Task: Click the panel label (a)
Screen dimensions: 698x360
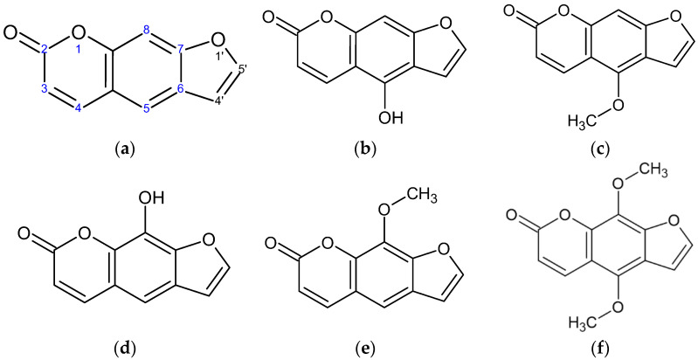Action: click(x=128, y=150)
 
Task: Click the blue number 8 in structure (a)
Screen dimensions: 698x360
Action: click(x=149, y=31)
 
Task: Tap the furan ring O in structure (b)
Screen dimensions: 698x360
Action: click(x=433, y=38)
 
